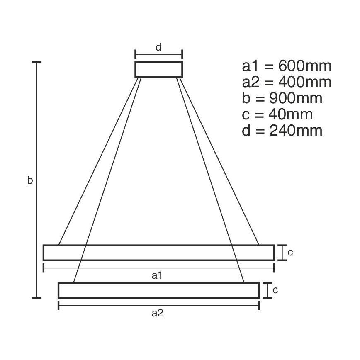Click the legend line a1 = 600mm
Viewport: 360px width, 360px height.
[x=287, y=66]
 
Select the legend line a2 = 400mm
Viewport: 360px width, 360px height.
[x=287, y=83]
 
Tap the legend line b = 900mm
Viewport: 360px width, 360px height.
[x=282, y=99]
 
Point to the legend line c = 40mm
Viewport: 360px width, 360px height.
[x=277, y=114]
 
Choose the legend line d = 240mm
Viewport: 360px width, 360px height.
[x=282, y=131]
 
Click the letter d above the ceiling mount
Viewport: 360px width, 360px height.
[x=158, y=47]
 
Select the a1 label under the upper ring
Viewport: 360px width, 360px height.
[x=157, y=275]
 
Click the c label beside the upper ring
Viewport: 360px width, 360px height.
[x=290, y=252]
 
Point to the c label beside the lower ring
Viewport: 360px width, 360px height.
[x=275, y=290]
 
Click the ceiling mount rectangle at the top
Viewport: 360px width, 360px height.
[x=158, y=69]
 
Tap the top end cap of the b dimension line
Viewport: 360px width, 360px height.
[x=37, y=62]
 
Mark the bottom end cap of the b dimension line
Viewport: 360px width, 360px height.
[x=37, y=297]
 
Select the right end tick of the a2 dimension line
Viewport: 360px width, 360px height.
[x=259, y=306]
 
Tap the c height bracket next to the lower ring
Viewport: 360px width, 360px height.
[x=266, y=290]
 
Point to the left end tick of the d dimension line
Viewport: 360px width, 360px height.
[x=135, y=54]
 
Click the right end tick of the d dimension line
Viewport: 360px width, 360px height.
[x=182, y=54]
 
